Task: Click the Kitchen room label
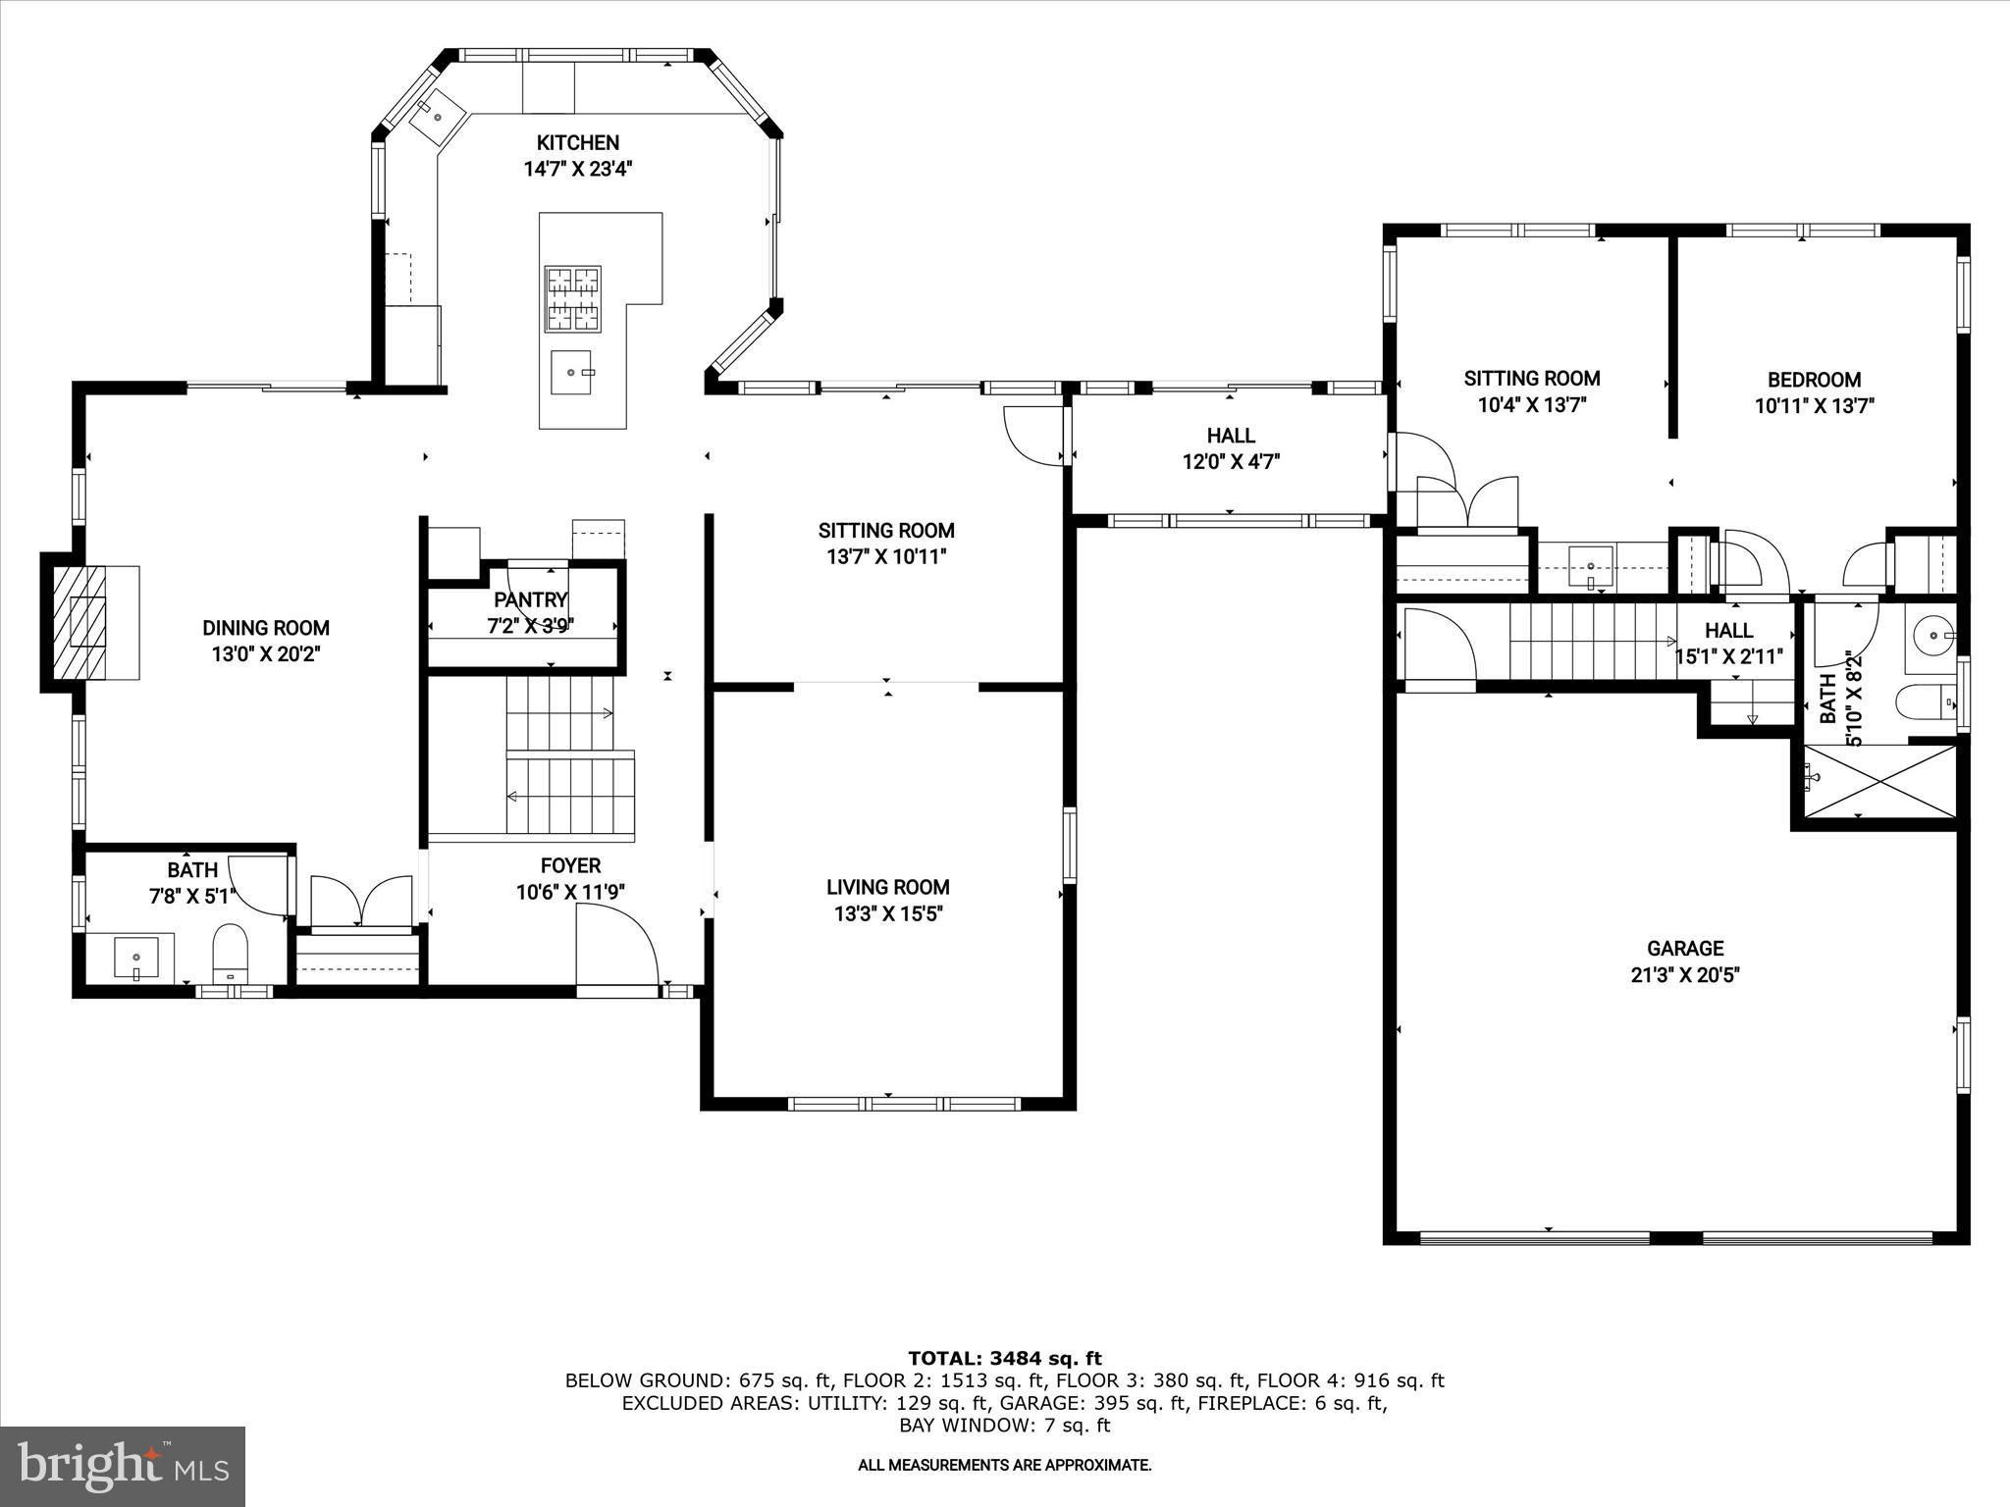(x=577, y=143)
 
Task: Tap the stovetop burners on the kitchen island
(x=573, y=299)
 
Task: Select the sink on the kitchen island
(x=571, y=372)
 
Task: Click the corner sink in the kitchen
(x=435, y=114)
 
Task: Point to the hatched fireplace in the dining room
(x=79, y=622)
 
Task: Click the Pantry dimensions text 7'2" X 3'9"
(x=530, y=625)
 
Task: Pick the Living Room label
(x=887, y=887)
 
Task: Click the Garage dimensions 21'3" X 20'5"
(x=1685, y=975)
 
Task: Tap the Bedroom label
(x=1814, y=380)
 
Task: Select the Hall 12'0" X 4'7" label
(x=1231, y=447)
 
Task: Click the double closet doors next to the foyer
(x=361, y=901)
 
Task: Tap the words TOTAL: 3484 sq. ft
(x=1004, y=1359)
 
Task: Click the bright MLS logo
(x=123, y=1466)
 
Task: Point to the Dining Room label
(x=266, y=628)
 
